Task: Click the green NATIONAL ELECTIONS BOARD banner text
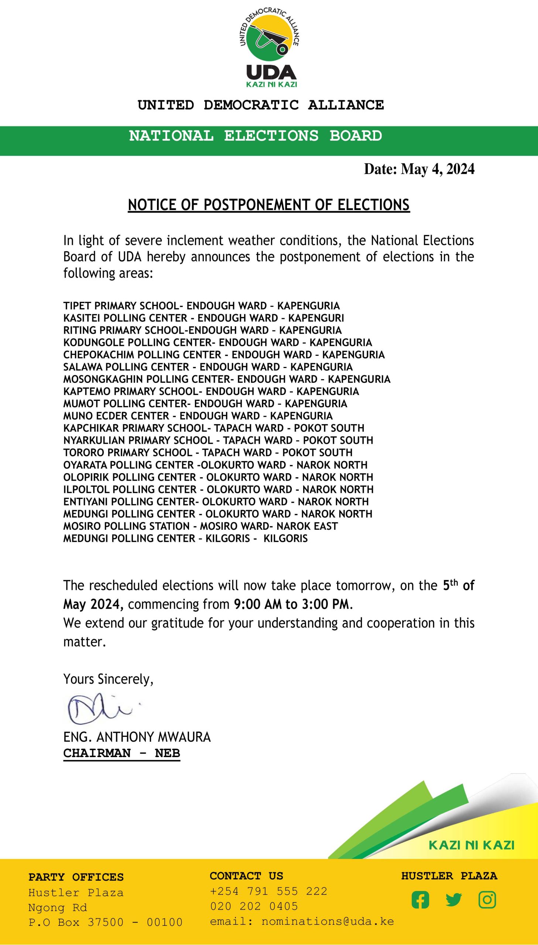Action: (x=255, y=136)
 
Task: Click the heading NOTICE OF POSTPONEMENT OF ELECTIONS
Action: (x=268, y=205)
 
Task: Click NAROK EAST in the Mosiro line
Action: (x=307, y=526)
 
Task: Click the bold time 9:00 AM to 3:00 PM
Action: (x=292, y=604)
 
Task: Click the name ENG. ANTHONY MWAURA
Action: (x=137, y=737)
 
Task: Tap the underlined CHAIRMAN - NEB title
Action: (x=121, y=753)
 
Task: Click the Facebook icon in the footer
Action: (x=420, y=900)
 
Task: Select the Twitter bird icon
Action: (x=454, y=900)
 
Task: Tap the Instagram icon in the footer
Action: (x=487, y=900)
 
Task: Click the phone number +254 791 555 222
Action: (x=268, y=891)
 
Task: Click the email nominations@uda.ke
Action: (x=328, y=922)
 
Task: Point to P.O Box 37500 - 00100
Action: (x=105, y=922)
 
